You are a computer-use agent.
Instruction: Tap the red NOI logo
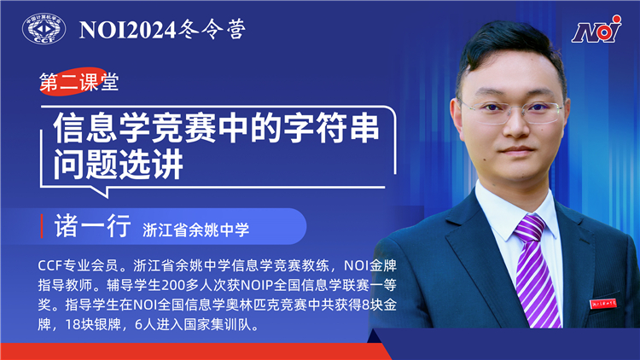(x=596, y=32)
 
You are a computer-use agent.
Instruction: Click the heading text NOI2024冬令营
(x=162, y=30)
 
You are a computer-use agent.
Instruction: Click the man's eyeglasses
(x=513, y=109)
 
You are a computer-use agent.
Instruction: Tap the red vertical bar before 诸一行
(x=43, y=227)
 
